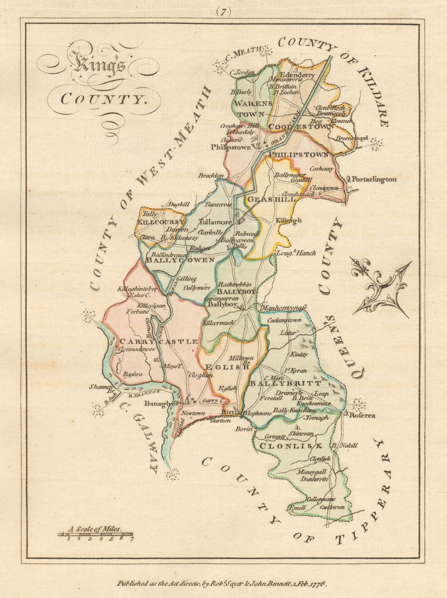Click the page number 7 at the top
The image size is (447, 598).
tap(223, 12)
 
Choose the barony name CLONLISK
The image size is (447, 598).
tap(291, 446)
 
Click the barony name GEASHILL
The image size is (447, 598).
tap(271, 200)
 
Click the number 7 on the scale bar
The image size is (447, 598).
tap(131, 539)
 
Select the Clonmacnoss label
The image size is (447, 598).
tap(137, 349)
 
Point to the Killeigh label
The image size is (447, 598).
tap(289, 221)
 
